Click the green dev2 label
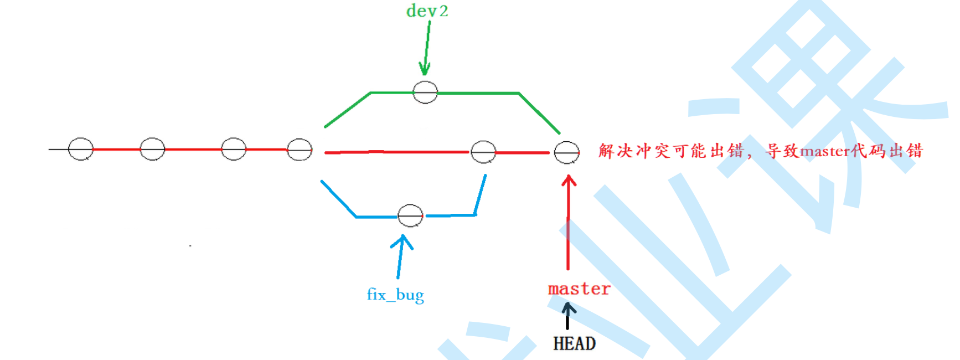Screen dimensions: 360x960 point(427,11)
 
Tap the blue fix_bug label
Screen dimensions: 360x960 point(395,295)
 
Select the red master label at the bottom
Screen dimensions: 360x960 point(579,289)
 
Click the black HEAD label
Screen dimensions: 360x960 point(574,343)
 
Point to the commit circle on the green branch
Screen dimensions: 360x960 point(425,92)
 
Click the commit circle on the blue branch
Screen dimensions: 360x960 point(410,215)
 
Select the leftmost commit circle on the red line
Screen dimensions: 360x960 point(81,149)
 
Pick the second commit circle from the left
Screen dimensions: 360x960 point(152,149)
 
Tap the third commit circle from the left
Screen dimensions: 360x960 point(234,149)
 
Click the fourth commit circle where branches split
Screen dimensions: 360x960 point(300,150)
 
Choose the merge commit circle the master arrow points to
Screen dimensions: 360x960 point(567,152)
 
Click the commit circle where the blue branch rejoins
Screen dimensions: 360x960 point(483,151)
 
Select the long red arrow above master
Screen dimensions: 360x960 point(569,222)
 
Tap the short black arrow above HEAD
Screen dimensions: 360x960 point(567,316)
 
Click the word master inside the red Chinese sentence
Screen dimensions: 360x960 point(825,151)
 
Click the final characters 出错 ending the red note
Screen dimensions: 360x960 point(906,151)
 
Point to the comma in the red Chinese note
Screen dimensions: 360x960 point(750,155)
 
